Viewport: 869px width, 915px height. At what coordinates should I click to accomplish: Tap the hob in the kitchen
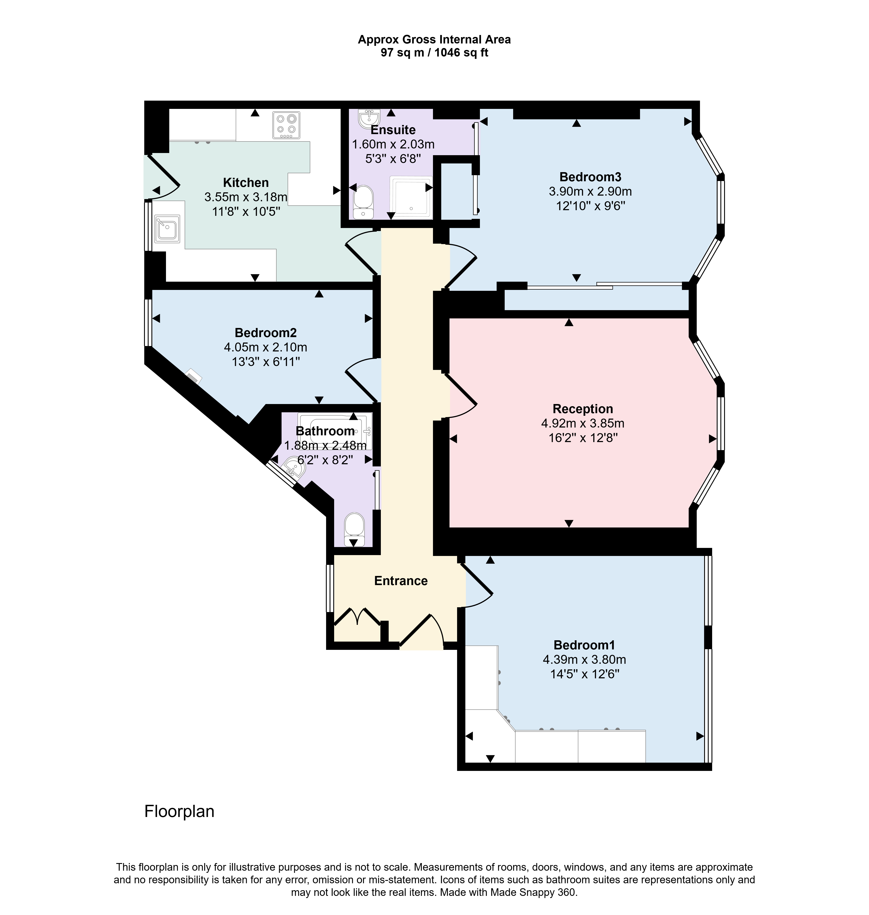click(x=286, y=125)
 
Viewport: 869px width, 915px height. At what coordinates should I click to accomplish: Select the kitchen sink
click(x=167, y=228)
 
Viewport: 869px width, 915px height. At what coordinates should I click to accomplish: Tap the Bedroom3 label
click(x=590, y=177)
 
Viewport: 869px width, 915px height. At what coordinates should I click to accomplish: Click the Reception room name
click(x=583, y=409)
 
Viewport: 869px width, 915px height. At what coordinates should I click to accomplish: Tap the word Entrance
click(x=401, y=581)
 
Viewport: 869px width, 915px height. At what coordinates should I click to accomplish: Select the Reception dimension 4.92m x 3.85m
click(x=583, y=423)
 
